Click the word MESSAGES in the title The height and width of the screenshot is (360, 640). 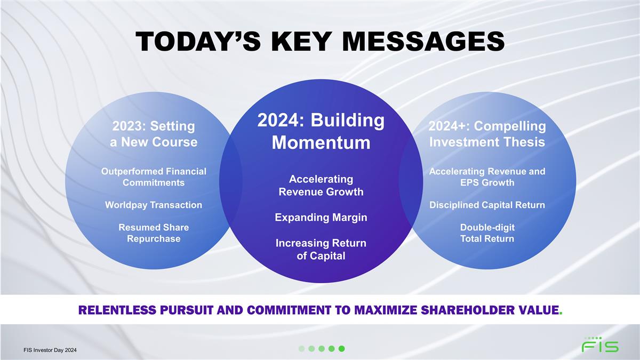pos(423,42)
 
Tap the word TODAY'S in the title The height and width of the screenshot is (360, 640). pos(198,42)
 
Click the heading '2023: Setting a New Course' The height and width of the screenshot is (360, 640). pos(154,134)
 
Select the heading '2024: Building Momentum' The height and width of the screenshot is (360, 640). pos(321,131)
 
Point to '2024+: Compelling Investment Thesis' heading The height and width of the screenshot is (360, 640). pos(487,134)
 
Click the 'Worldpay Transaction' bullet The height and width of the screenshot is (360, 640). pos(154,205)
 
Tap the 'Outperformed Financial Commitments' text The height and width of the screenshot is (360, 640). pos(154,177)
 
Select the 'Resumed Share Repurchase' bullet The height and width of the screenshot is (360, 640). pos(154,233)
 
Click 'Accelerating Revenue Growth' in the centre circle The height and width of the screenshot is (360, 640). pos(321,186)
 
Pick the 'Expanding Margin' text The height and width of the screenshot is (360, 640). pos(321,218)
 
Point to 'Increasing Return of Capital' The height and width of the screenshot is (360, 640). pos(321,250)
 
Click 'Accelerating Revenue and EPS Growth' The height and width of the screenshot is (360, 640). pos(487,177)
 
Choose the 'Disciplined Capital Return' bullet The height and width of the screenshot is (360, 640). pos(487,205)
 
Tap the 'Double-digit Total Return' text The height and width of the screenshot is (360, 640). pos(487,233)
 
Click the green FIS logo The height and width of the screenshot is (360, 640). pos(601,345)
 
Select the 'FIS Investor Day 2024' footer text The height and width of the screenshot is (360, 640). pos(50,350)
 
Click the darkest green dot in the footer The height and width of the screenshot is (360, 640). pos(342,349)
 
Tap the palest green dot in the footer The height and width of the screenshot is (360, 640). pos(301,349)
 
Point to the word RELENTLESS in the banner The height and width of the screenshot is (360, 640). pos(118,310)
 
